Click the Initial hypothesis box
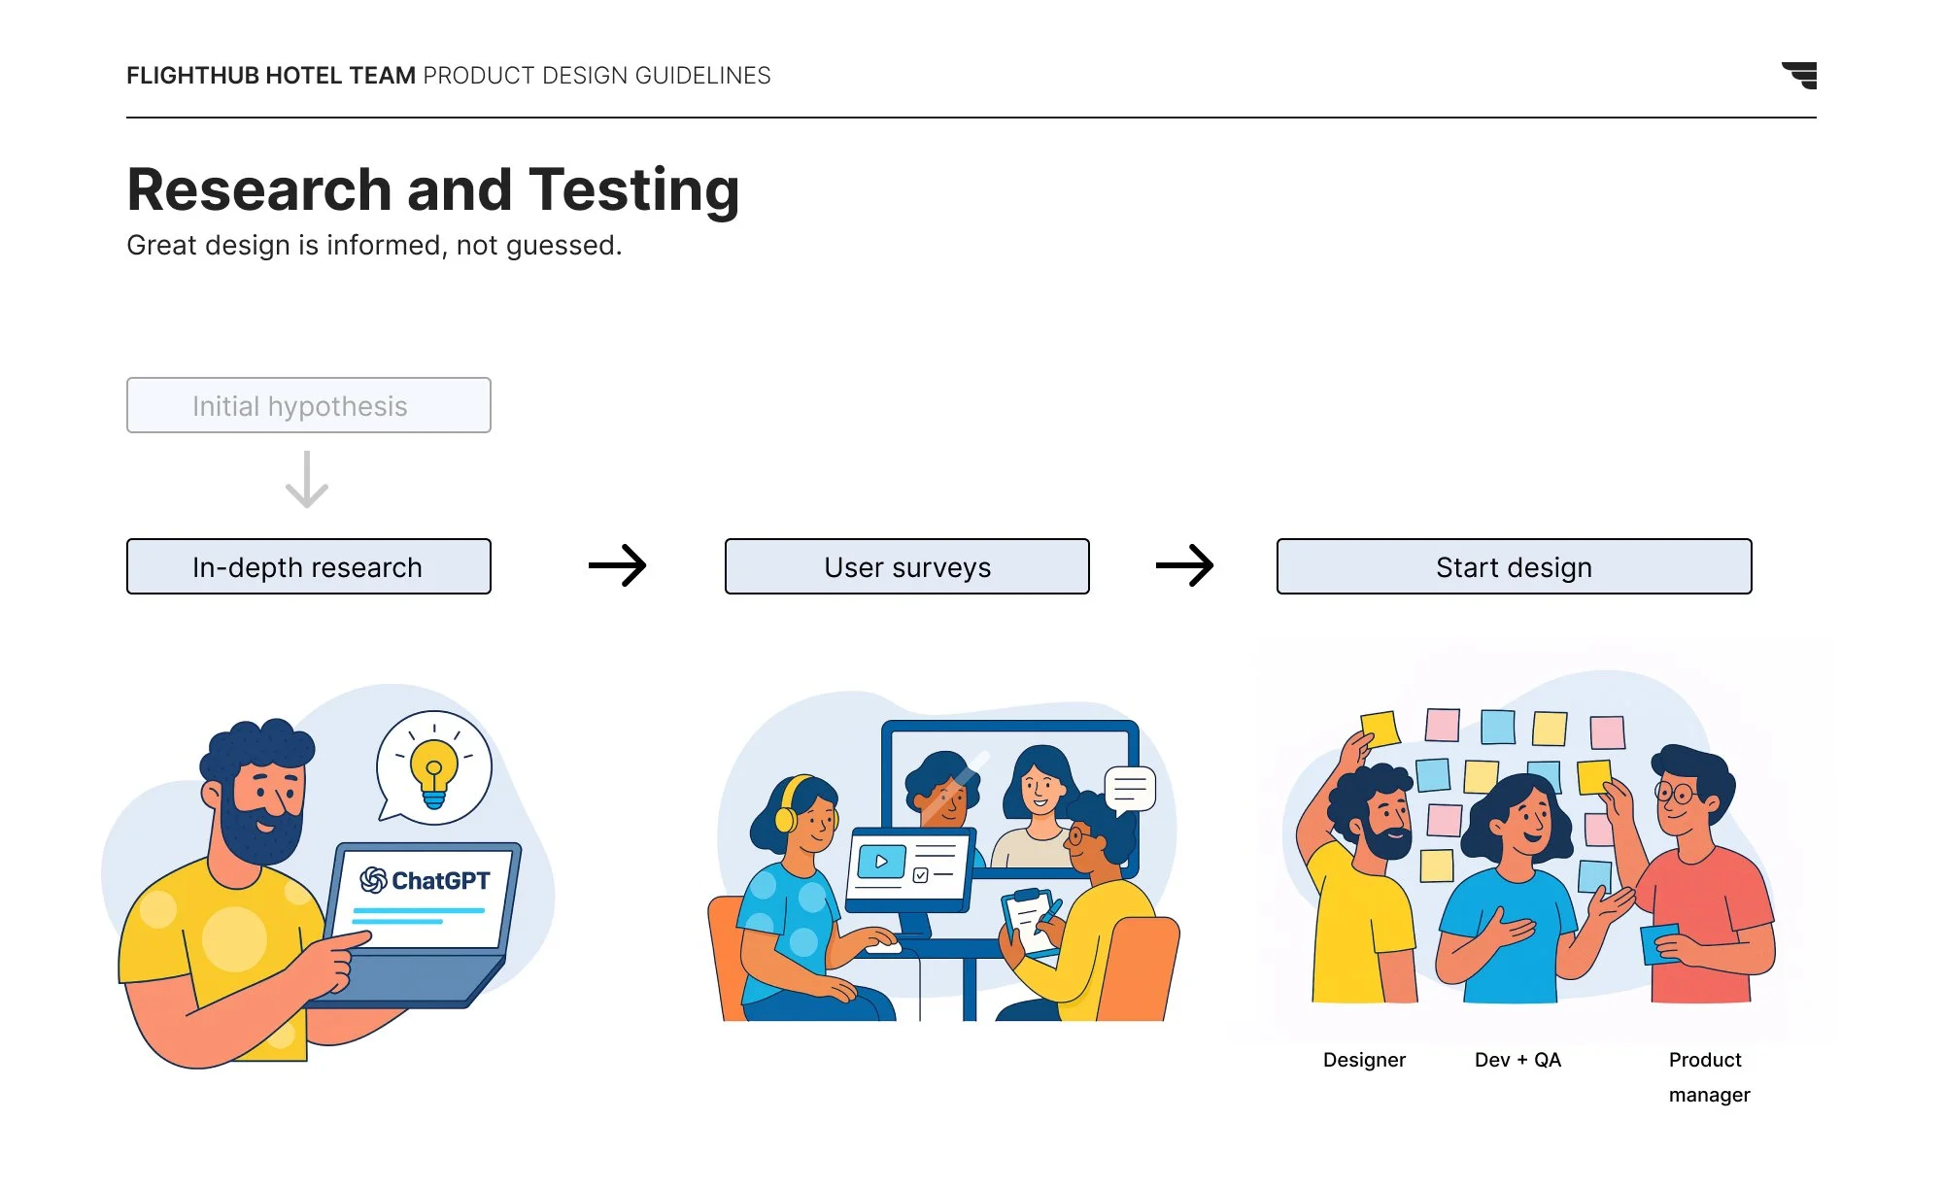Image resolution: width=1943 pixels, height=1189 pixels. [x=308, y=405]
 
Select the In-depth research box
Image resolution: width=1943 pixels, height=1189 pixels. [x=308, y=566]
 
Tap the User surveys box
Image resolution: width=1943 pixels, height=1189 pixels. [x=906, y=566]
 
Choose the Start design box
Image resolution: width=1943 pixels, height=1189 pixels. [x=1514, y=566]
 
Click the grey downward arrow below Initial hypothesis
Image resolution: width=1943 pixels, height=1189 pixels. [x=307, y=479]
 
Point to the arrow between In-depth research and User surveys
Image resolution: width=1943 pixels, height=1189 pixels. [x=618, y=565]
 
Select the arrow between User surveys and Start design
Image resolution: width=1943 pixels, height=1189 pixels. [x=1184, y=565]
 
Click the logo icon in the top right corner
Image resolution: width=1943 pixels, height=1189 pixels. [x=1800, y=75]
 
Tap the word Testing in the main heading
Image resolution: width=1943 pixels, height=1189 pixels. [x=633, y=189]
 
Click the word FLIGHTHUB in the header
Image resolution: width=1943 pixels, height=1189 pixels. [x=192, y=76]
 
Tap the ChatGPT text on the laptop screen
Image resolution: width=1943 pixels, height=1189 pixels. [x=439, y=880]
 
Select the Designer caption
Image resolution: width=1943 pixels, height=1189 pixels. [x=1364, y=1060]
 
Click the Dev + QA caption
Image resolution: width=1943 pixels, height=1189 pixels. [x=1517, y=1060]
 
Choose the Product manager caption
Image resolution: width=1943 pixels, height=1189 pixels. [x=1708, y=1076]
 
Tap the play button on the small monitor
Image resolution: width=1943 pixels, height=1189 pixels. [x=880, y=862]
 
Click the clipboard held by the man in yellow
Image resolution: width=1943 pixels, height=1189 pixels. [x=1028, y=918]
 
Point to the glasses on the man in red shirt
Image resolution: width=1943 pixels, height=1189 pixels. [x=1677, y=795]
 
